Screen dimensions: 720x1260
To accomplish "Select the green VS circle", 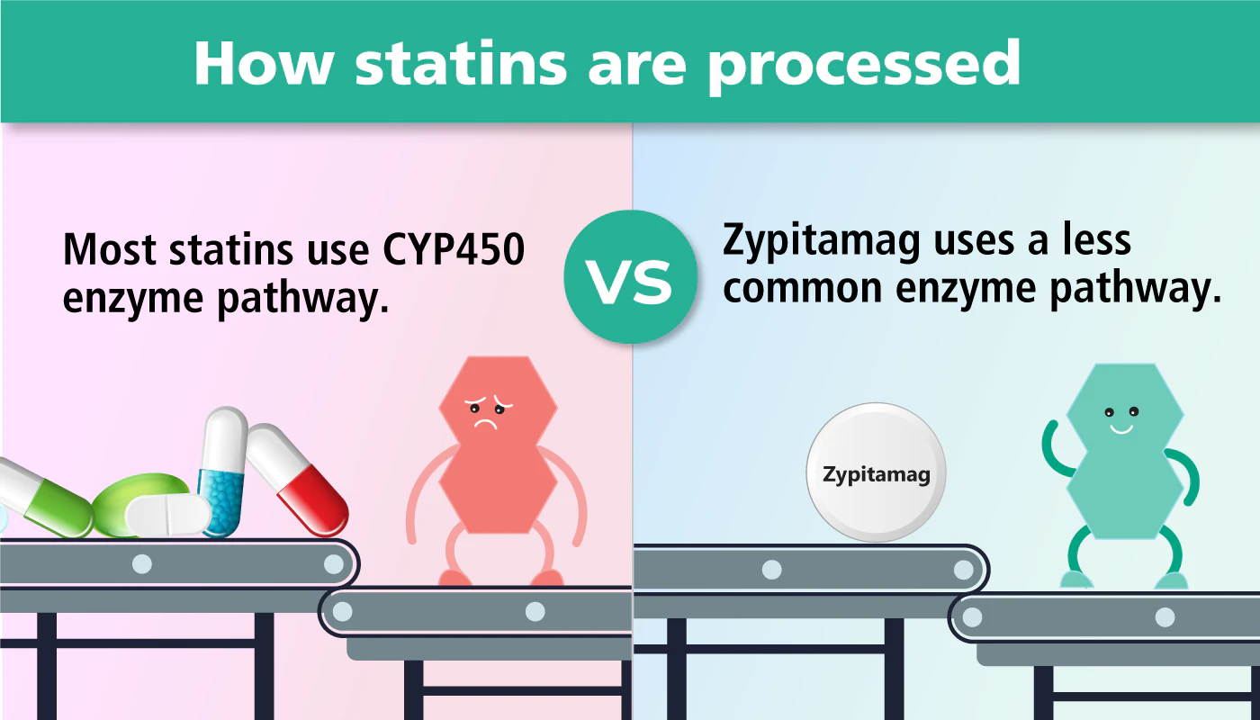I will [x=630, y=276].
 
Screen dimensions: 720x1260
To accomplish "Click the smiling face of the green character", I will [x=1120, y=418].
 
